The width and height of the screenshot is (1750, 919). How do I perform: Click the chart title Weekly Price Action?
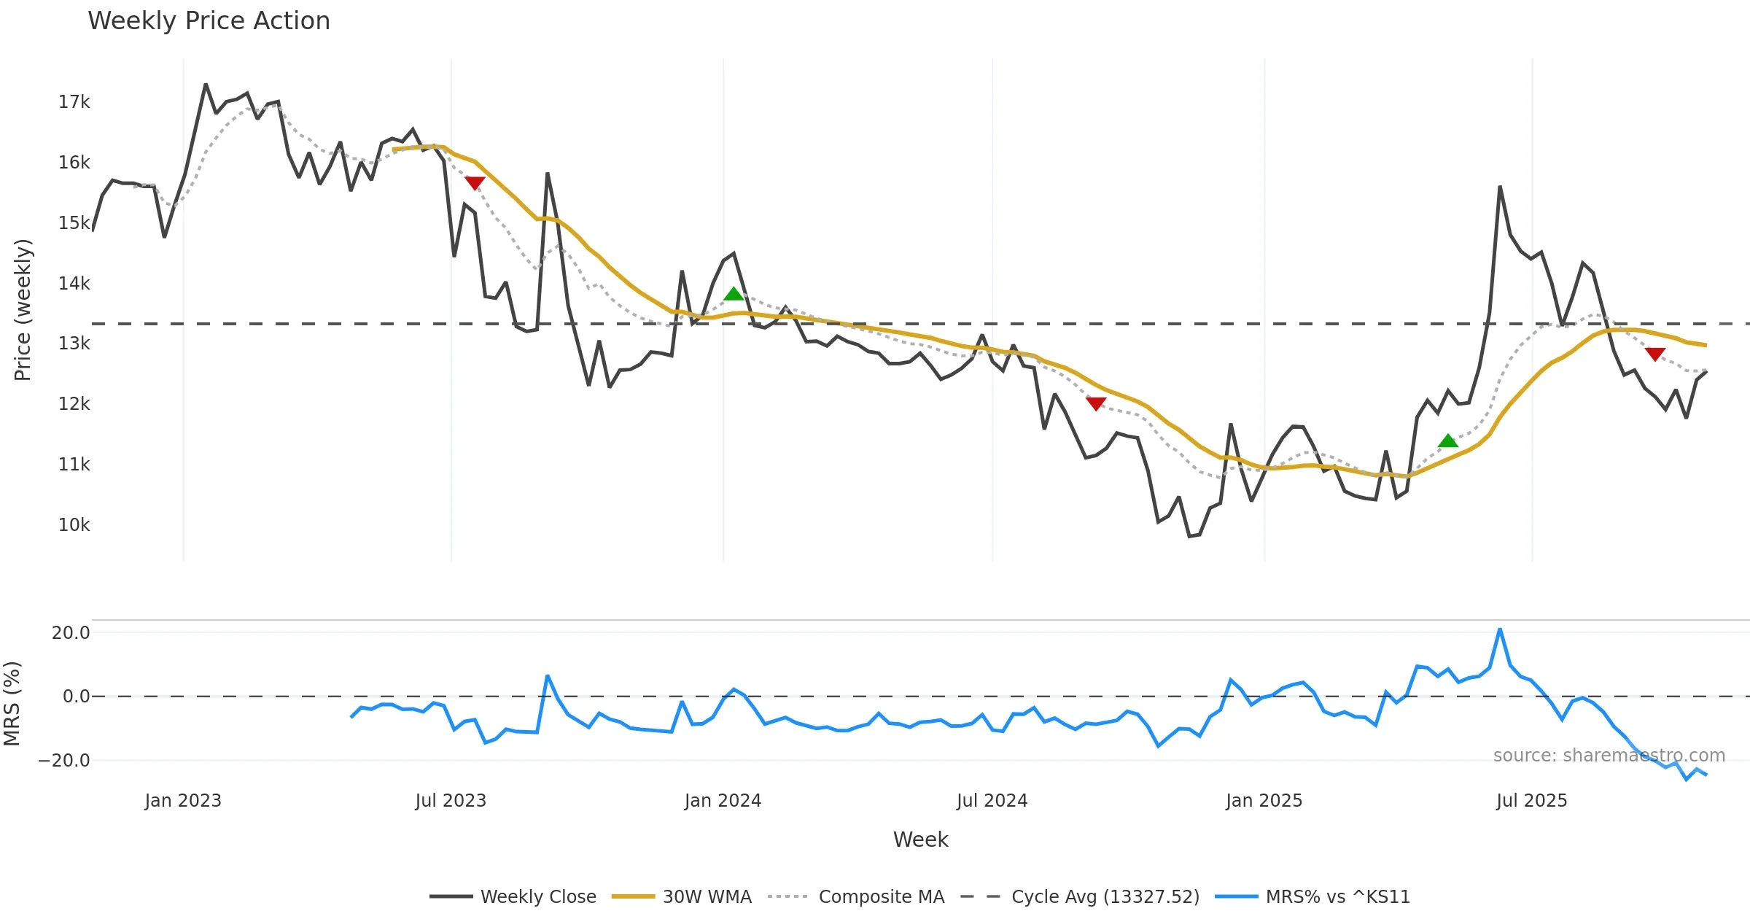pos(209,21)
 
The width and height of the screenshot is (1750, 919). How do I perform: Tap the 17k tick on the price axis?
pos(74,102)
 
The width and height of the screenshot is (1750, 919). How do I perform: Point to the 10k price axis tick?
pos(74,525)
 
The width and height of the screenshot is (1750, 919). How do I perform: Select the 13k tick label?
pos(74,344)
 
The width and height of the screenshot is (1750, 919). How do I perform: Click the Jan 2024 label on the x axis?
pos(723,801)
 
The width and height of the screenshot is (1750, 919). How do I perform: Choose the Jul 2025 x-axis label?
pos(1531,801)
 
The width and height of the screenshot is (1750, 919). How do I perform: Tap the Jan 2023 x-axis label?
pos(183,801)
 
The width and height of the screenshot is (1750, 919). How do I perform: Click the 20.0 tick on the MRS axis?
pos(71,633)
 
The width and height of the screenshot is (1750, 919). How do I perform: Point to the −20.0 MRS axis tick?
pos(64,761)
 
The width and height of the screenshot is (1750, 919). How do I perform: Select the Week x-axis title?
pos(920,840)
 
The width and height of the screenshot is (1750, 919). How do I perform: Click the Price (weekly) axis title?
pos(23,310)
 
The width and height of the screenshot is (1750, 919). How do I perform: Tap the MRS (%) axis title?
pos(12,704)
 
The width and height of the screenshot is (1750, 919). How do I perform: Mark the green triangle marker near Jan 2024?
pos(734,294)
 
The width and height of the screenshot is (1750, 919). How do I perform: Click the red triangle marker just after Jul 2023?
pos(475,182)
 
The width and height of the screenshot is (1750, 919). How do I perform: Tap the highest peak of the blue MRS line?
pos(1500,629)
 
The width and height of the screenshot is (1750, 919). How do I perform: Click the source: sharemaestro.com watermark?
pos(1609,756)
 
